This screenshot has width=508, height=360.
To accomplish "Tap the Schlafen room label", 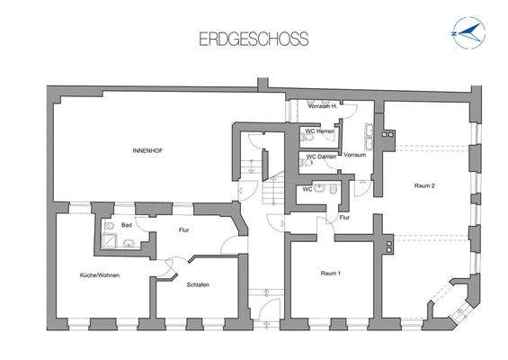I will [198, 284].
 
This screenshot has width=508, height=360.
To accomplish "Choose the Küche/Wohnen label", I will [99, 274].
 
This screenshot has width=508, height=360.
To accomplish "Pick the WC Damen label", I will [321, 157].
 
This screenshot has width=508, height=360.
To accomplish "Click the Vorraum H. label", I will [322, 106].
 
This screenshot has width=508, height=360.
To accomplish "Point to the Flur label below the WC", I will [344, 219].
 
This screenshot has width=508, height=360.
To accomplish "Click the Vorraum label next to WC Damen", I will [354, 155].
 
